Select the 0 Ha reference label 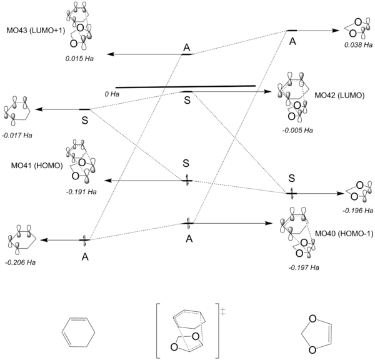(x=112, y=94)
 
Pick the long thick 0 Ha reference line (x=186, y=86)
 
